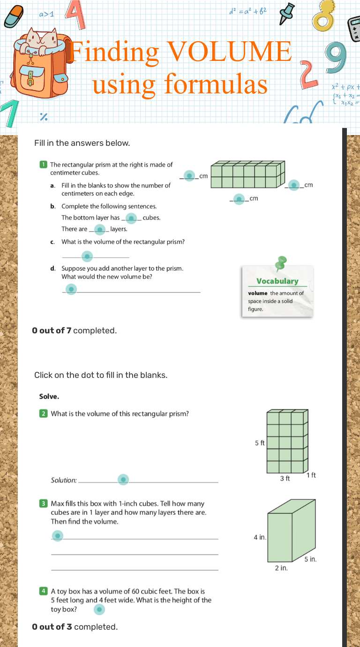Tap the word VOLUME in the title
229,52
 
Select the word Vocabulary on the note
277,281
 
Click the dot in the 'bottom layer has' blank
132,218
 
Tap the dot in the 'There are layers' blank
99,229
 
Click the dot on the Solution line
123,480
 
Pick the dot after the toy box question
99,609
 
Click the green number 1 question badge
43,165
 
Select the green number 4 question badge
43,591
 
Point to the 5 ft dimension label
260,443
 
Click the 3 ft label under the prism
285,479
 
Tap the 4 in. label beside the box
260,537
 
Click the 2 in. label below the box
281,568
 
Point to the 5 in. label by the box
310,559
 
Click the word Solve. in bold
49,397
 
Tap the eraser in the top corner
16,16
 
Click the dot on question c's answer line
87,256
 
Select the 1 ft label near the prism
311,475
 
